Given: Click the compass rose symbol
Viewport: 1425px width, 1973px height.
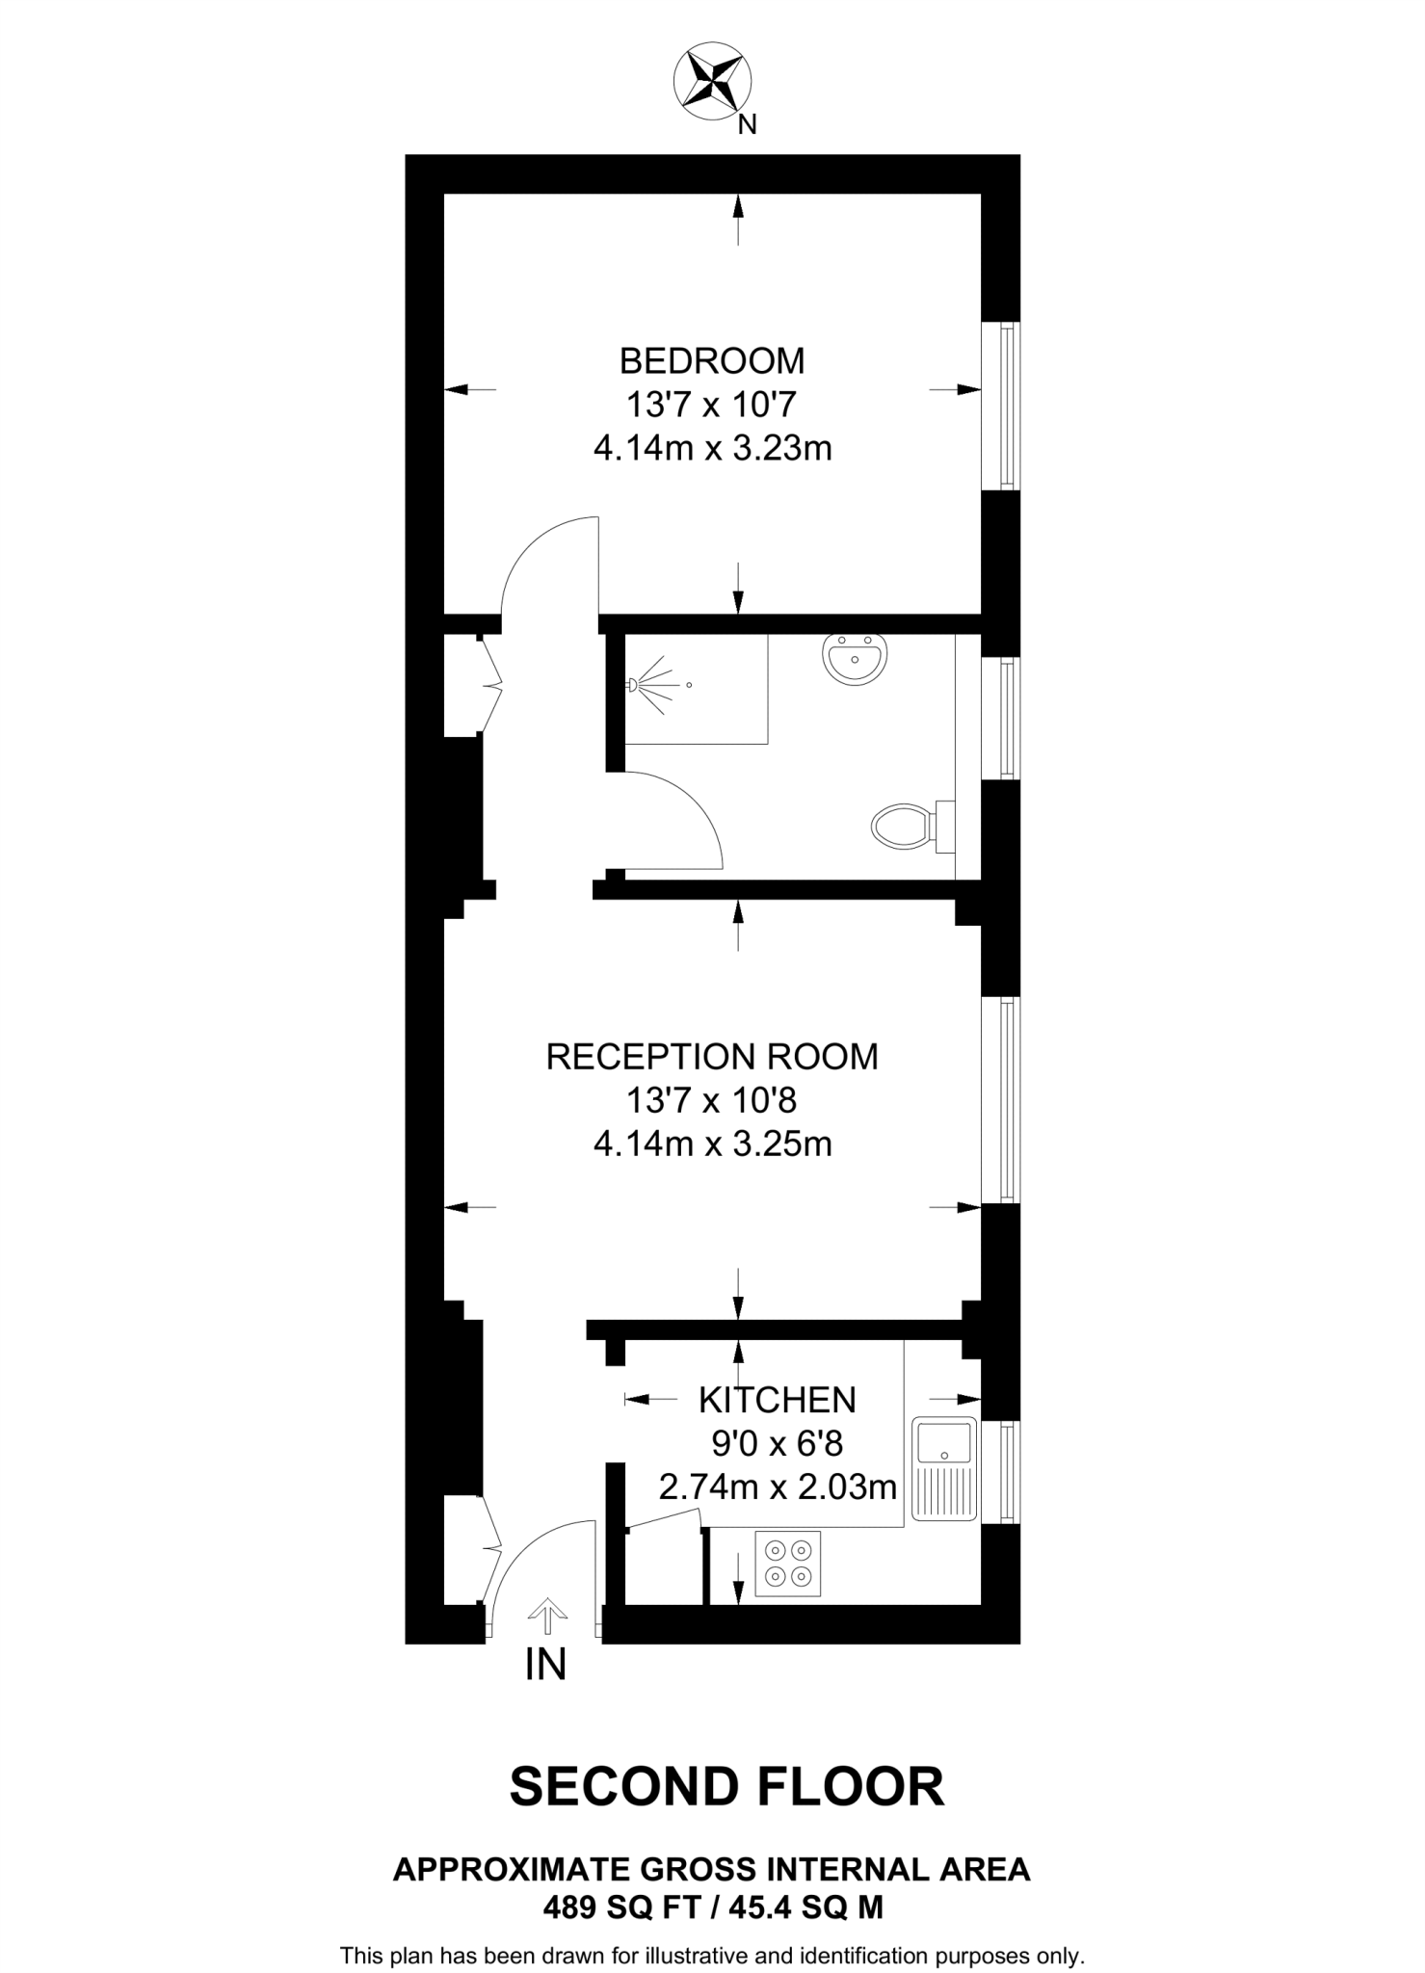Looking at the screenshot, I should click(x=712, y=81).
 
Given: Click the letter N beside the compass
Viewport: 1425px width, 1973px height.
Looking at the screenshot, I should click(x=747, y=125).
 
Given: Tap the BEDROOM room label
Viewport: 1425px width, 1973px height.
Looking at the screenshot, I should click(x=711, y=361).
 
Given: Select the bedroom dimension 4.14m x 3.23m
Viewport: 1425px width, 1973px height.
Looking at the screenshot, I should click(x=712, y=449).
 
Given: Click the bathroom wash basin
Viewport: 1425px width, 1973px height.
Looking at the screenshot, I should click(x=854, y=659).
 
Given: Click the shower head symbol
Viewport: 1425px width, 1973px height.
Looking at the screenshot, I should click(x=635, y=685).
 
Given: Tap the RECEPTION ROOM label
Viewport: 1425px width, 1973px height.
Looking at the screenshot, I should click(x=712, y=1057).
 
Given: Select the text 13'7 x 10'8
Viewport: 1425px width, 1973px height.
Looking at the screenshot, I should click(x=712, y=1100).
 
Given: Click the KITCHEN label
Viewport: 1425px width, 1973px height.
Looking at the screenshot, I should click(x=778, y=1399).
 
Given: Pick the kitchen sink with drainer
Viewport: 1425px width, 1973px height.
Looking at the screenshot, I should click(x=944, y=1468).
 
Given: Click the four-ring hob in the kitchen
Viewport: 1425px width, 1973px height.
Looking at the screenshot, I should click(x=787, y=1564).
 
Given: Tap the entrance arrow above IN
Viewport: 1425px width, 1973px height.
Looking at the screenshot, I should click(x=547, y=1616).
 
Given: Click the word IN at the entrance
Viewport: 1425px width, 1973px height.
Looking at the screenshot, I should click(x=545, y=1665).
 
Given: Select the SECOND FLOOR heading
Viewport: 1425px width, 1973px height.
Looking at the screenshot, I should click(x=726, y=1786).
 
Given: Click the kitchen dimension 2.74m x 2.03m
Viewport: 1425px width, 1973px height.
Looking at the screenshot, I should click(x=778, y=1487).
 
